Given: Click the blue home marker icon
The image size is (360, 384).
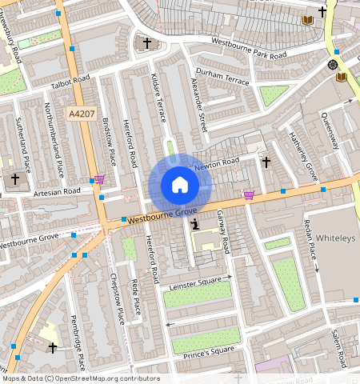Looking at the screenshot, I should click(x=180, y=185).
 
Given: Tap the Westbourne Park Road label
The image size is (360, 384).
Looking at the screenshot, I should click(x=248, y=48).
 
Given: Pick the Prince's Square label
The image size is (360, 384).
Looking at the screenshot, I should click(x=210, y=350).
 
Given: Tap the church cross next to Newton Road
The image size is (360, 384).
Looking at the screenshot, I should click(x=266, y=162).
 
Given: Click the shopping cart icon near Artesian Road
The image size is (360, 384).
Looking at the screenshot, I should click(x=99, y=180).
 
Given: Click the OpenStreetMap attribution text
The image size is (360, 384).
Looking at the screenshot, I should click(x=80, y=378).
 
